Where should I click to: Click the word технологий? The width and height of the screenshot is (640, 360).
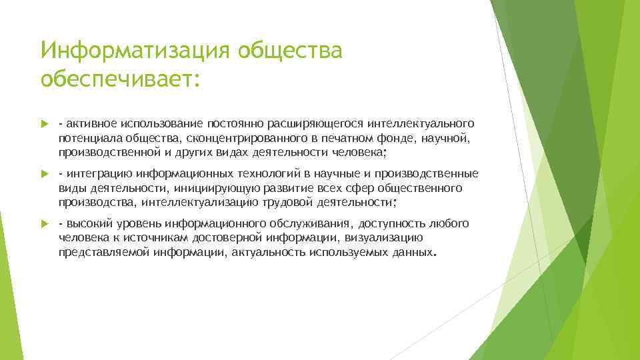254,174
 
